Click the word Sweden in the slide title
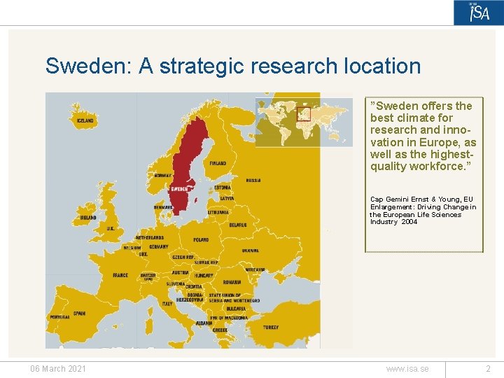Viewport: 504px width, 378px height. point(88,66)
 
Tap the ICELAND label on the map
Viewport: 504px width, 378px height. point(85,120)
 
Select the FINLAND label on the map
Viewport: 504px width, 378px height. point(218,163)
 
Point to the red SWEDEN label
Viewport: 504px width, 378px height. point(179,188)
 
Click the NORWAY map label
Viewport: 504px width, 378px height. point(163,175)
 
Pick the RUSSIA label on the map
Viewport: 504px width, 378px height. point(253,180)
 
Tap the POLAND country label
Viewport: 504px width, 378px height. point(201,240)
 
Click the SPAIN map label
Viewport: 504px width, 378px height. point(79,314)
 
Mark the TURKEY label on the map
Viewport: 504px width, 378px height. point(270,327)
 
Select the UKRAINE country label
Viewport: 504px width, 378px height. point(250,250)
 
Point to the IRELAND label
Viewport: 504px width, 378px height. point(88,218)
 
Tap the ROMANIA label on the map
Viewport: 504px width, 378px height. point(232,282)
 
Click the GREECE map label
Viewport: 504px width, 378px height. point(220,330)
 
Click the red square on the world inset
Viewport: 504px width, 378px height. point(303,113)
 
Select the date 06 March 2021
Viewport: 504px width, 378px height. point(57,369)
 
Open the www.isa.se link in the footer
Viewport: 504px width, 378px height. point(407,369)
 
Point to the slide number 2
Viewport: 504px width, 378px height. point(489,369)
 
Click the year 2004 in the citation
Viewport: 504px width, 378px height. point(409,222)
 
